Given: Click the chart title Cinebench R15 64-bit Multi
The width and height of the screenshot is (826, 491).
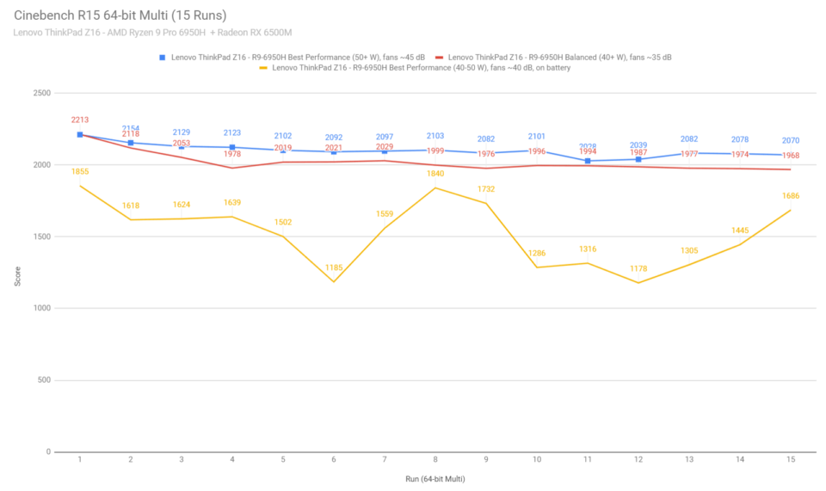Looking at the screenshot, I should [120, 15].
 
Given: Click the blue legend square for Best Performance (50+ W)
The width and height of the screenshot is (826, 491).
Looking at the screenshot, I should [162, 58].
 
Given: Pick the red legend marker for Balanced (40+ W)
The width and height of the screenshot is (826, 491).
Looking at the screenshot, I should [439, 58].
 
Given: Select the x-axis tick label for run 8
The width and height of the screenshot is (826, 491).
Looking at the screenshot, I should [435, 461].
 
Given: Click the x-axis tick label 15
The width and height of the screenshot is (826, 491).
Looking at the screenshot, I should [790, 461].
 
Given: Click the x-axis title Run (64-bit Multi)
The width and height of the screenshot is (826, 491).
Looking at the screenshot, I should [435, 477].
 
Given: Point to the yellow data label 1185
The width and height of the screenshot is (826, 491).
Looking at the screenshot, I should [334, 268].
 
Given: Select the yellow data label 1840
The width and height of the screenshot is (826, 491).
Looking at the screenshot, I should [435, 175].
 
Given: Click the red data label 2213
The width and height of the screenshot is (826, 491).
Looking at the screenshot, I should [80, 120].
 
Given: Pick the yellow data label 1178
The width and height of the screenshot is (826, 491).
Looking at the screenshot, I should [638, 269].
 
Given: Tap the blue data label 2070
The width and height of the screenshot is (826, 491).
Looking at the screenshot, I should [790, 140].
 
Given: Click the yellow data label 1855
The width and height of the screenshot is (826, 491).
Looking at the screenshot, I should [80, 172].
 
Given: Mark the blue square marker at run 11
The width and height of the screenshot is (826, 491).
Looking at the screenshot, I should [588, 161].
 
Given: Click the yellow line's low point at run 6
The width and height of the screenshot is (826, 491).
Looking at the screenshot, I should [334, 281].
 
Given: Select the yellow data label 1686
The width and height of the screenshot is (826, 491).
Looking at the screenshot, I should [790, 196].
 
